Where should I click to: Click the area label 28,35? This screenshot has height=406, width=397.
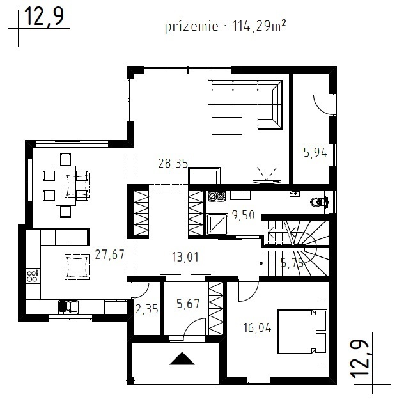(173, 164)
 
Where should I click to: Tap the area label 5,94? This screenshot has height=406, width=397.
(315, 153)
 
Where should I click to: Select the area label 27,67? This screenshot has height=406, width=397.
(110, 254)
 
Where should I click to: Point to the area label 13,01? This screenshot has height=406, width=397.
(185, 257)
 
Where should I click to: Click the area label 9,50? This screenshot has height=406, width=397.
(243, 215)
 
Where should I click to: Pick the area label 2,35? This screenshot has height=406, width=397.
(147, 309)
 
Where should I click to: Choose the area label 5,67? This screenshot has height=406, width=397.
(188, 304)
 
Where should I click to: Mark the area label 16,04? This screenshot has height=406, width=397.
(257, 328)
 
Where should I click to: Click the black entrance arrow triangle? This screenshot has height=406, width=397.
(182, 359)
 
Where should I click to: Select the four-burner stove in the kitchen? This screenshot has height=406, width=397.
(33, 276)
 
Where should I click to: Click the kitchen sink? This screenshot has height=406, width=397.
(68, 306)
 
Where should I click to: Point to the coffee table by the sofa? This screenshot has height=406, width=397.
(227, 126)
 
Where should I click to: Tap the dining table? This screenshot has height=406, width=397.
(66, 185)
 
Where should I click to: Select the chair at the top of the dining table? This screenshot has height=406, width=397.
(65, 159)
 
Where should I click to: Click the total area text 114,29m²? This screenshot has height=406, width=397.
(259, 26)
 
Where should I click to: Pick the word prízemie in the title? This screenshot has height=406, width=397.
(192, 27)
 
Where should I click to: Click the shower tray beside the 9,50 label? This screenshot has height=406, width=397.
(217, 224)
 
